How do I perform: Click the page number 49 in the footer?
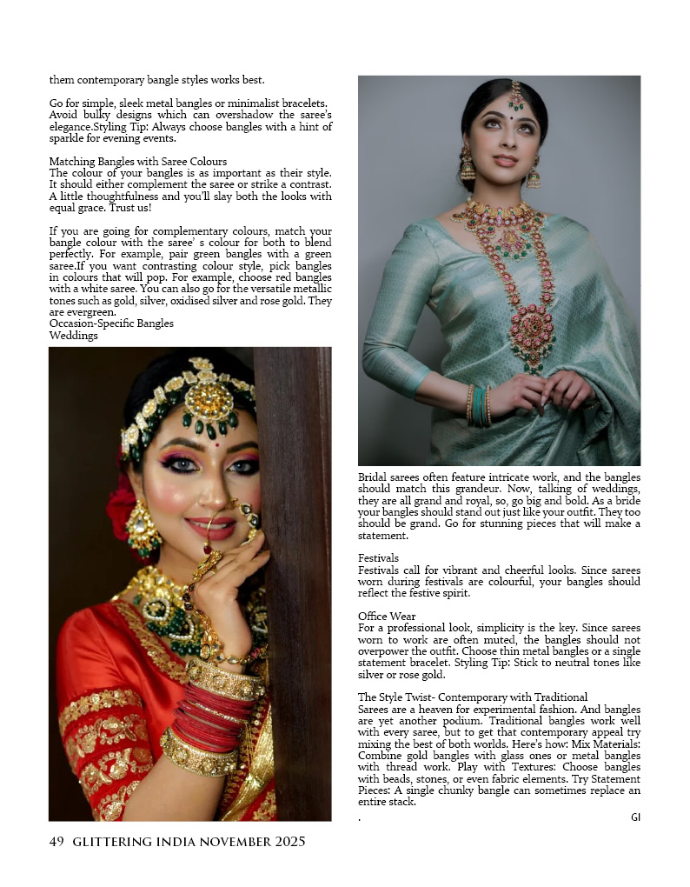pos(56,842)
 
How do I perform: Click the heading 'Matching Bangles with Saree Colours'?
pos(138,162)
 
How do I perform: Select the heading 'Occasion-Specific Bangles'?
pos(111,323)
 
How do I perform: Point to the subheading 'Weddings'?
pos(73,336)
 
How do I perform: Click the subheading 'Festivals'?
pos(378,557)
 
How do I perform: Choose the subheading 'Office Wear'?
pos(387,616)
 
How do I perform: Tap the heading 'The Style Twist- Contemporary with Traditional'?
pos(473,697)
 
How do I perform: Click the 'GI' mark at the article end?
pos(635,817)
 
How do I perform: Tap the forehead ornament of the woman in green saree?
pos(516,93)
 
